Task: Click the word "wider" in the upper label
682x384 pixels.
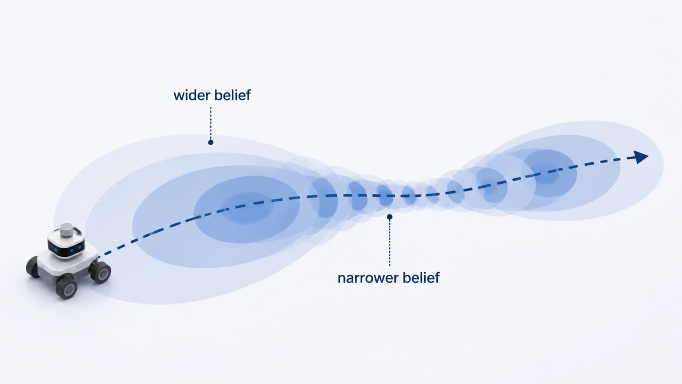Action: tap(192, 95)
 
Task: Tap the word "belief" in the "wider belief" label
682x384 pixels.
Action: tap(232, 95)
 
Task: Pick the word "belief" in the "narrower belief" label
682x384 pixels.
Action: tap(421, 278)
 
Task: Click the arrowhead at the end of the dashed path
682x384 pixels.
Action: tap(641, 157)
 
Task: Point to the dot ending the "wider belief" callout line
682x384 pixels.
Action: tap(211, 142)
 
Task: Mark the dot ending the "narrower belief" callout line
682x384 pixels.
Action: tap(390, 217)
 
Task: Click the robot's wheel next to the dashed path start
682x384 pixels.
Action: tap(100, 272)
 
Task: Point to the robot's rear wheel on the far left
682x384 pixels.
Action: tap(33, 267)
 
